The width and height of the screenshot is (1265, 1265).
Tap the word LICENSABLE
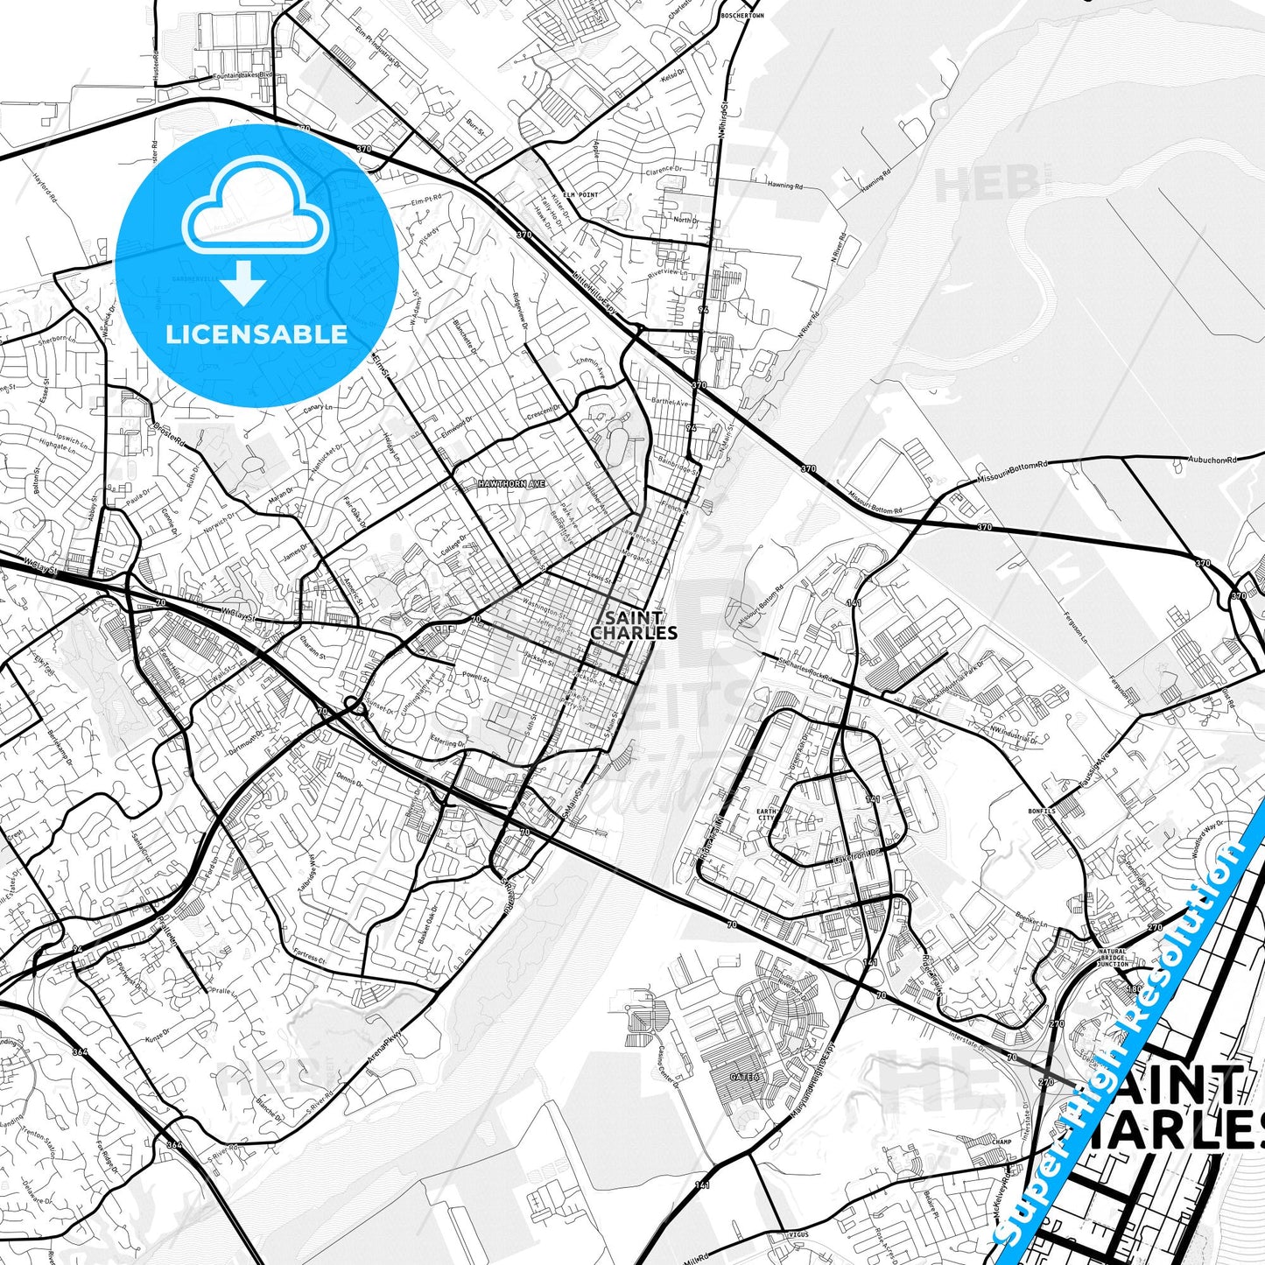(257, 334)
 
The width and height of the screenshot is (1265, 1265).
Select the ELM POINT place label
(580, 194)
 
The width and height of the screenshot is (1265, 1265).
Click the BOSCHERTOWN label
(741, 16)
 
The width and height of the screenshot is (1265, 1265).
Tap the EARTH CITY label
(766, 816)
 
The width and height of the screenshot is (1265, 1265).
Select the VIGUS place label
(797, 1234)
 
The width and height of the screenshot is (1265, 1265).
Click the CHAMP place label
(1001, 1142)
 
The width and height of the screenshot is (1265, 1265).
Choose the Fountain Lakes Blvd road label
(239, 76)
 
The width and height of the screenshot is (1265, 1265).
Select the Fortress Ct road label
(309, 958)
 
